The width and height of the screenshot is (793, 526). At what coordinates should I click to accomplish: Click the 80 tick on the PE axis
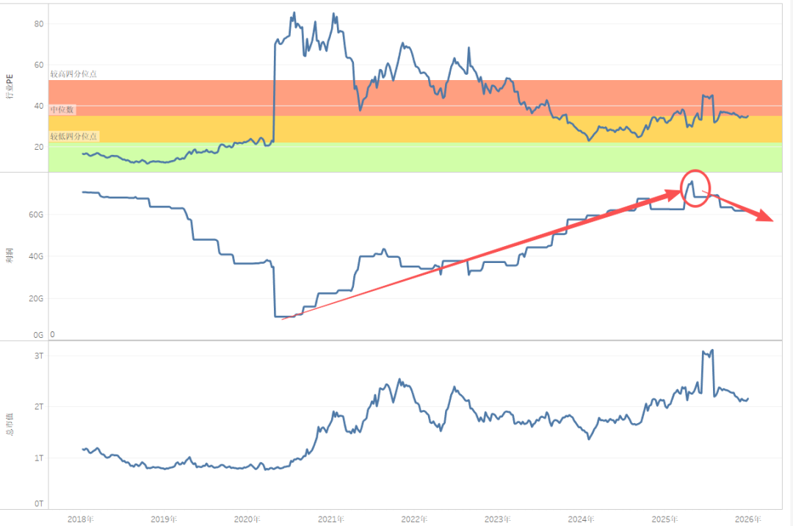(x=40, y=24)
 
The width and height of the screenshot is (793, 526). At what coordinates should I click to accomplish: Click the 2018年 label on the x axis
(x=80, y=519)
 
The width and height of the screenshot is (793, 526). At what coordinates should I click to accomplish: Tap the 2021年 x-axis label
(x=331, y=519)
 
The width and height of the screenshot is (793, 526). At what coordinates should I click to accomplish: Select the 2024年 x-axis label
(x=581, y=519)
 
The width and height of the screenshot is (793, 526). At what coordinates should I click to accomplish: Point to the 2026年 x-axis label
(x=748, y=519)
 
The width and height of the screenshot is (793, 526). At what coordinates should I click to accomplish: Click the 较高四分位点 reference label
(x=73, y=73)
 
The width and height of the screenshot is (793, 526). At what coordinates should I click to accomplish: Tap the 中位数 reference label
(x=62, y=109)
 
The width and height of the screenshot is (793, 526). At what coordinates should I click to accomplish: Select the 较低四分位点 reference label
(x=73, y=136)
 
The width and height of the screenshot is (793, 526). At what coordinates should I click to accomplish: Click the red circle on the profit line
(x=695, y=188)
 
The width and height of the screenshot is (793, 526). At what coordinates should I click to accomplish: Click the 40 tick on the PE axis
(x=40, y=105)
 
